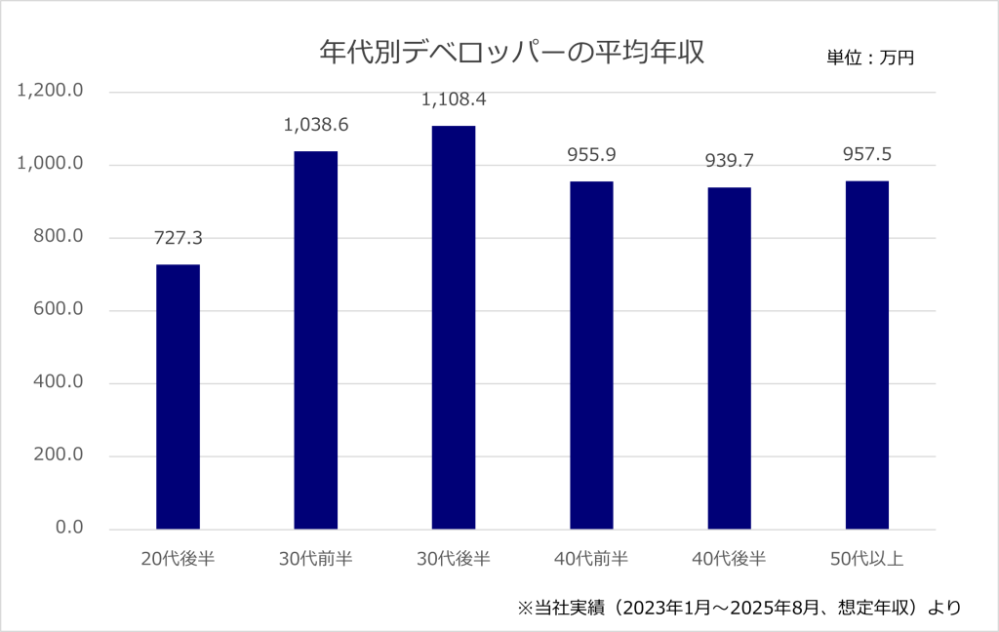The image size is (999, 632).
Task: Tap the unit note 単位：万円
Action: click(870, 58)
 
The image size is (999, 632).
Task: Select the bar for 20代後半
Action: click(178, 397)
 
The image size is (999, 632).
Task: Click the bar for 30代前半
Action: click(316, 340)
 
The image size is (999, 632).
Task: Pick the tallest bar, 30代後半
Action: click(454, 328)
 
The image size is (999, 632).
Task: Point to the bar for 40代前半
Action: click(591, 355)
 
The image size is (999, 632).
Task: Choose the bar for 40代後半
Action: click(729, 358)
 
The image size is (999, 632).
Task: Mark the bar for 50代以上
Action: click(866, 355)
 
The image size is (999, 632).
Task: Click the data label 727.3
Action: click(178, 238)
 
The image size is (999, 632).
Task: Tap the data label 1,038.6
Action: click(316, 125)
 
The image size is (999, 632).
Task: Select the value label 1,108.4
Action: click(454, 99)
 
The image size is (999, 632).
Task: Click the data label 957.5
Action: click(866, 154)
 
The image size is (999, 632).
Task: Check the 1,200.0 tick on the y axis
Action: click(50, 92)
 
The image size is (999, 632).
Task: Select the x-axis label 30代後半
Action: click(454, 559)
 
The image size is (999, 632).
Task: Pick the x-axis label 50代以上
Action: click(866, 559)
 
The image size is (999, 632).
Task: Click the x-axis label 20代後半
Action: click(178, 559)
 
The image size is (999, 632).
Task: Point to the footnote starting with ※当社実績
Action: click(739, 608)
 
